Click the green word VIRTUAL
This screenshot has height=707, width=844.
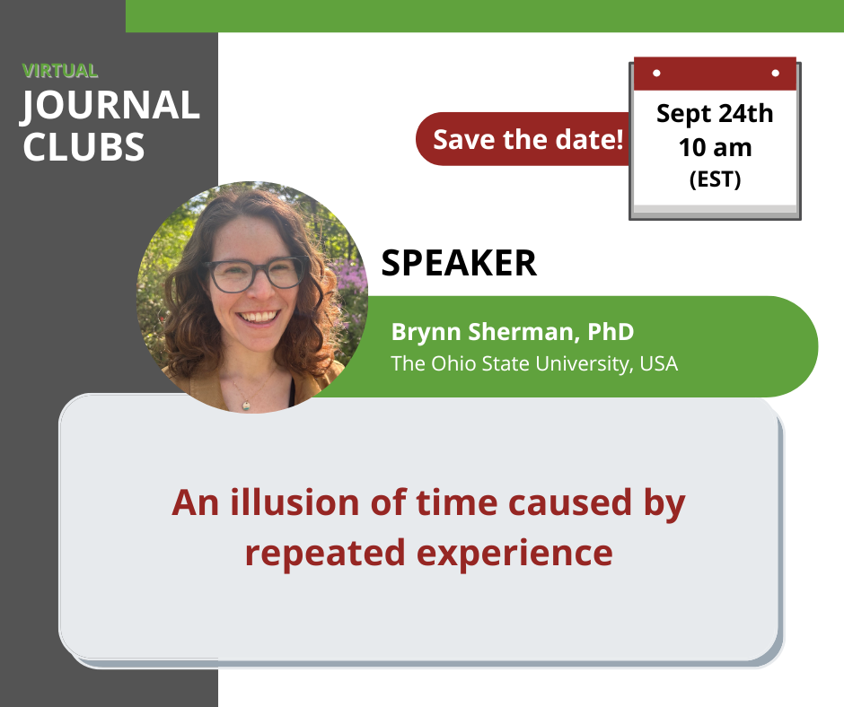(x=60, y=71)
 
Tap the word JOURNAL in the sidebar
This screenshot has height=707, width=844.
(x=110, y=106)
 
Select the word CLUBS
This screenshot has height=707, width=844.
(x=84, y=147)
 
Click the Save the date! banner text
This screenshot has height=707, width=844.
(x=528, y=139)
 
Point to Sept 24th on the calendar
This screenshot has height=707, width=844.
(x=715, y=115)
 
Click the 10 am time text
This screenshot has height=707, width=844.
(x=716, y=147)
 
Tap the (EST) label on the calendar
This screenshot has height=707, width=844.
(x=716, y=179)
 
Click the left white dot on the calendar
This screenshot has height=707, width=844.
(x=656, y=73)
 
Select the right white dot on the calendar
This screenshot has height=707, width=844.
(x=775, y=73)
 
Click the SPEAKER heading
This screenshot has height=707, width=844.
(x=459, y=263)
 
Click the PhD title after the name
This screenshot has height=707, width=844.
(x=611, y=331)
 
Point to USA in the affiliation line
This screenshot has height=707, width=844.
(x=659, y=363)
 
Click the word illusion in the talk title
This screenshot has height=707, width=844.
(x=295, y=502)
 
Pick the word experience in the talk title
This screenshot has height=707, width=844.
(x=514, y=553)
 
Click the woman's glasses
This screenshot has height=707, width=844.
(x=254, y=274)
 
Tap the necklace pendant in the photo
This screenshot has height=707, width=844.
(x=246, y=406)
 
